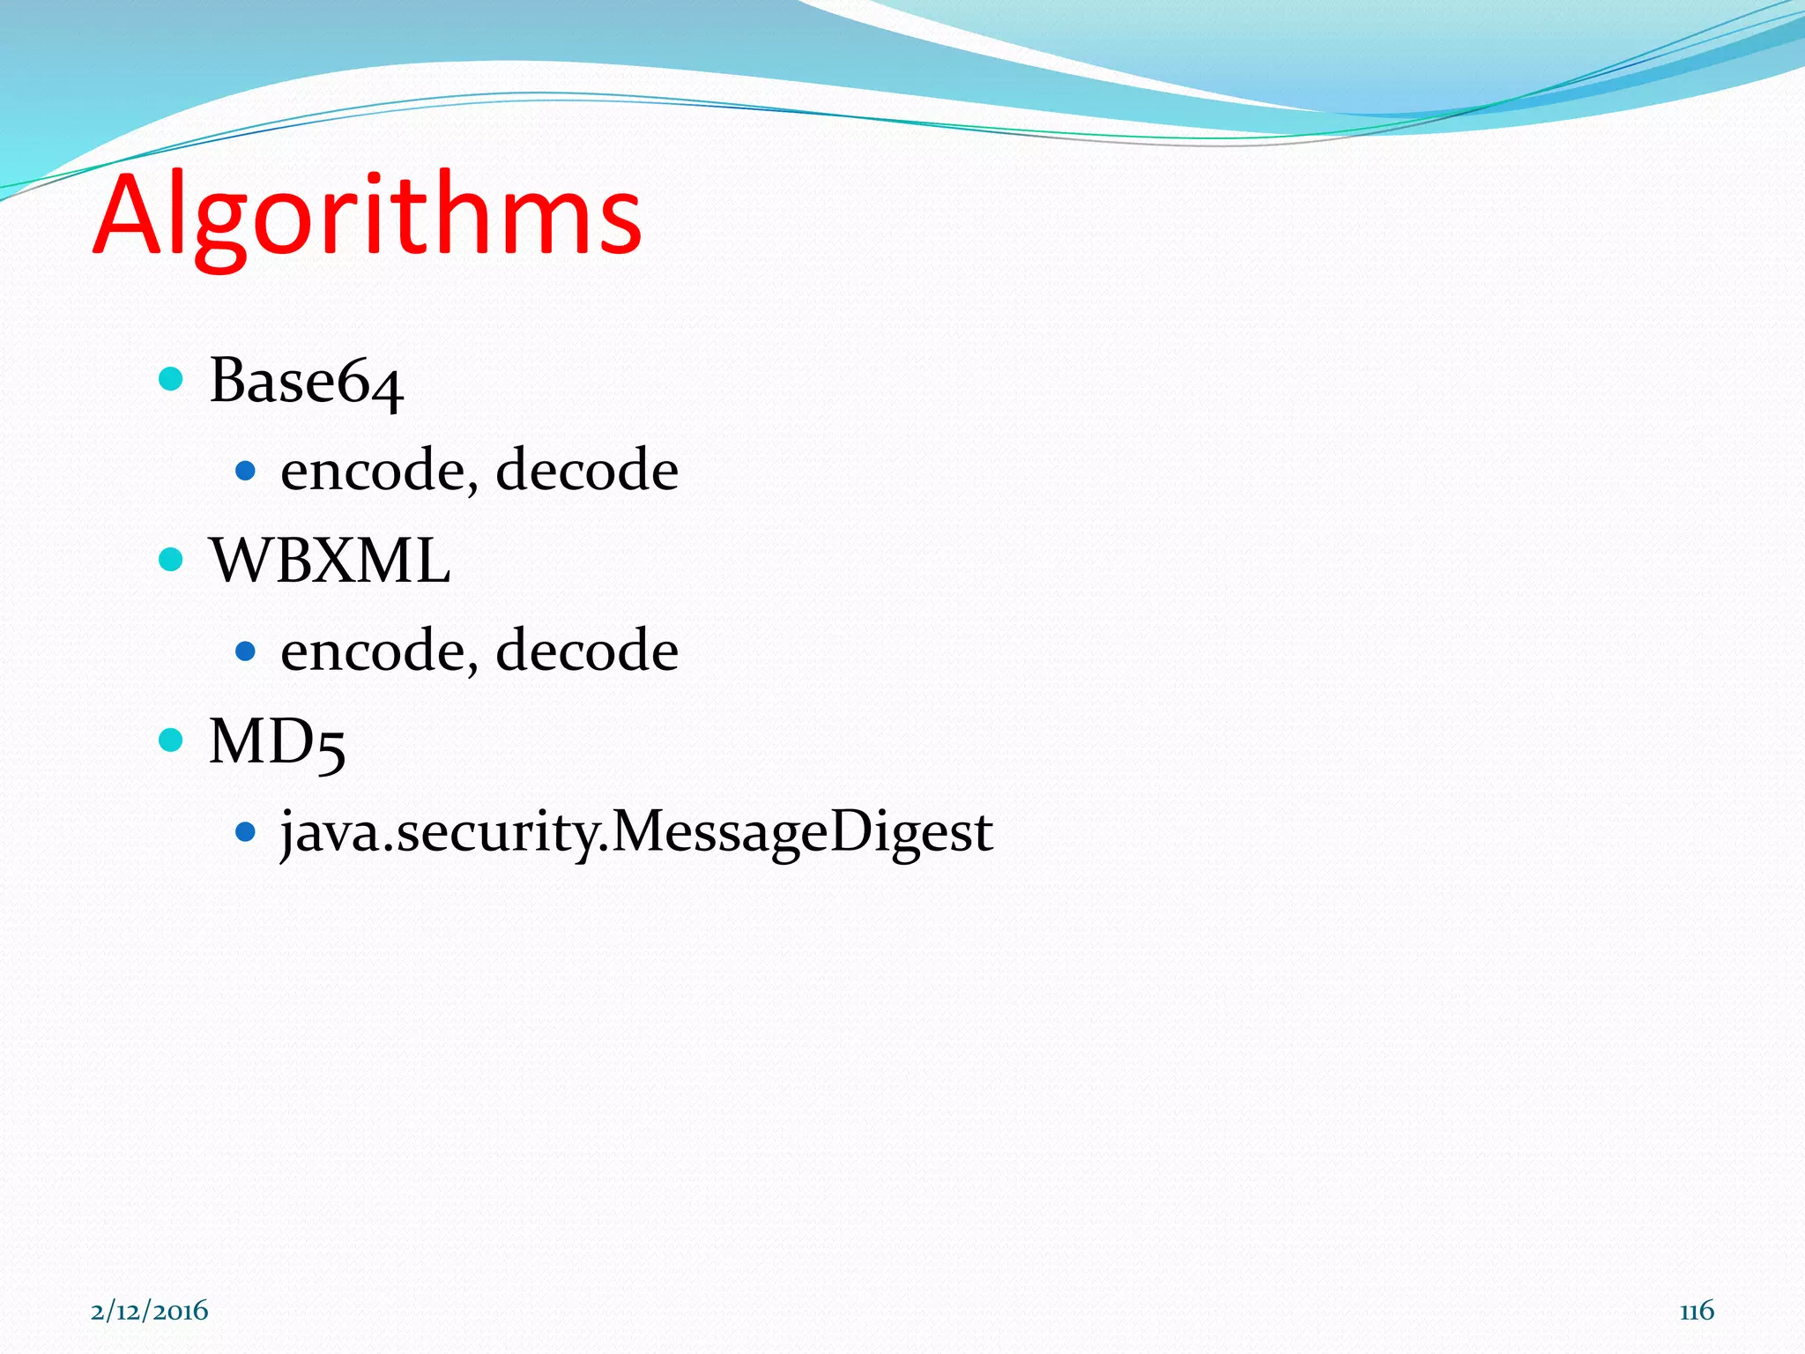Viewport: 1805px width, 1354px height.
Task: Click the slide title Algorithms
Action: click(368, 216)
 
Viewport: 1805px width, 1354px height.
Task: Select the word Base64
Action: click(306, 382)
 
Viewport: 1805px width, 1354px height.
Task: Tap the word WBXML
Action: click(330, 561)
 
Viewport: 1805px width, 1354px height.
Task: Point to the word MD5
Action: click(277, 742)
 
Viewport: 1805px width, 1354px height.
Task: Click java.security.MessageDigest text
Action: click(636, 831)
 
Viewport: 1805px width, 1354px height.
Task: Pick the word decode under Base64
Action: click(587, 470)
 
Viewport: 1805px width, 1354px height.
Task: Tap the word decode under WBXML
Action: click(587, 651)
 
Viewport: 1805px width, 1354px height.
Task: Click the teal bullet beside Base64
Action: click(171, 380)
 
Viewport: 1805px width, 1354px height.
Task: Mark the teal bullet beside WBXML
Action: click(171, 560)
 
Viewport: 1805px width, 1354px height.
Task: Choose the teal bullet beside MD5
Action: click(171, 740)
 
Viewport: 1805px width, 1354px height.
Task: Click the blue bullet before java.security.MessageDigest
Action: click(246, 831)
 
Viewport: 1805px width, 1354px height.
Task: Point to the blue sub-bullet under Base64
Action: click(246, 471)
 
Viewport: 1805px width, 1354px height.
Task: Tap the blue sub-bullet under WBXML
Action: click(246, 651)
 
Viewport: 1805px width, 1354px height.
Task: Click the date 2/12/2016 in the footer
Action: click(150, 1311)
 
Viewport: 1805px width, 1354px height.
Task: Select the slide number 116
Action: click(1697, 1311)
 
